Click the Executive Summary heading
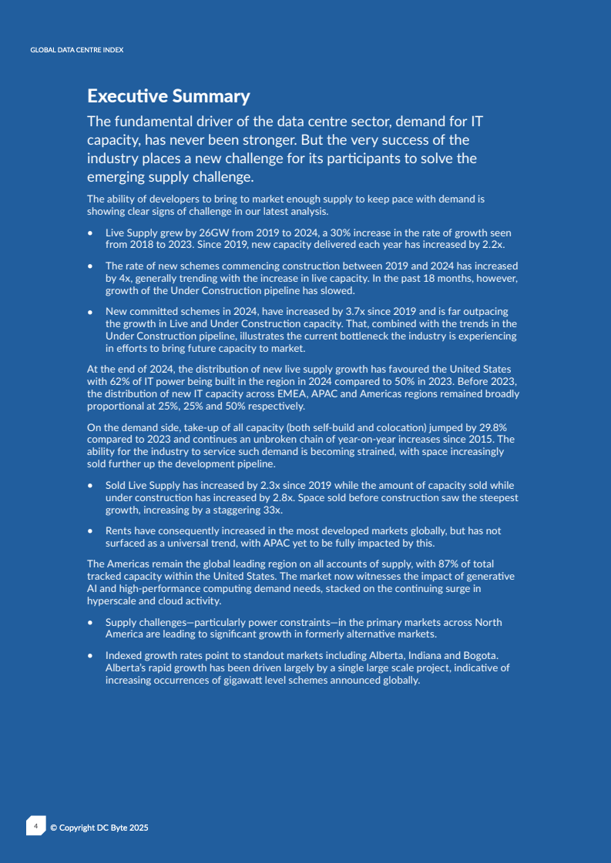click(x=168, y=96)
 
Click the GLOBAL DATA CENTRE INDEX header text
click(x=76, y=50)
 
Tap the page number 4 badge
click(x=35, y=827)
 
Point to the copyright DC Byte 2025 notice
click(x=99, y=828)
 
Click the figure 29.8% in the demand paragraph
click(x=490, y=426)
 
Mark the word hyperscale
click(x=112, y=600)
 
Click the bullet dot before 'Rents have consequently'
click(x=91, y=531)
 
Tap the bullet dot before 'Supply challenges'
click(x=91, y=622)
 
